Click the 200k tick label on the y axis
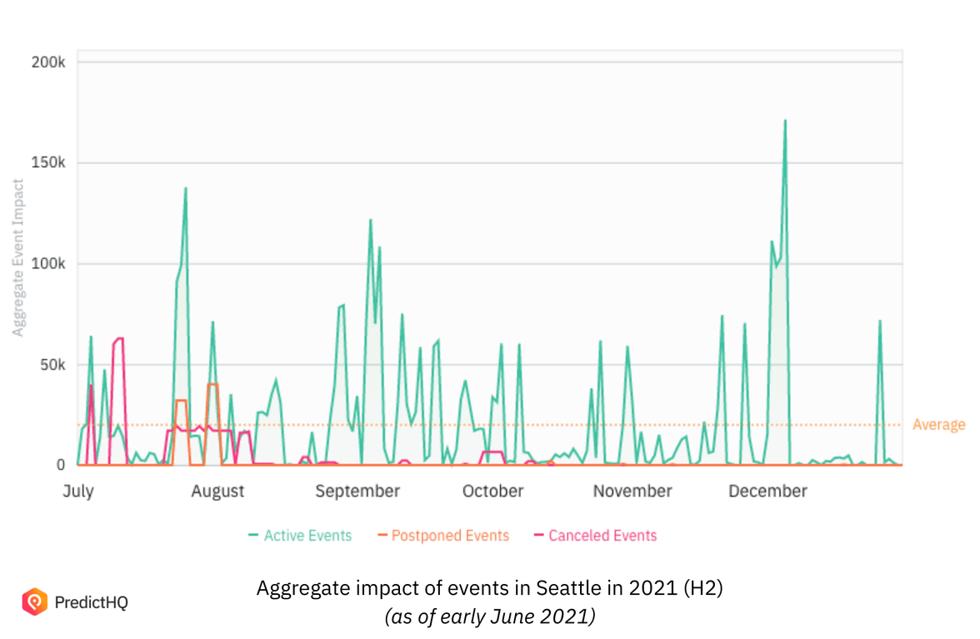tap(49, 62)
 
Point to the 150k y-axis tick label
tap(49, 163)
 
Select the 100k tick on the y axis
tap(49, 264)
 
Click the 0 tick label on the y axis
tap(60, 466)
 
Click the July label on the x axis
tap(78, 492)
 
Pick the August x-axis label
tap(217, 492)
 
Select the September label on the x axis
tap(357, 492)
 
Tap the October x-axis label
tap(492, 492)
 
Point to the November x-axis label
tap(632, 492)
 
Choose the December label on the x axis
tap(767, 492)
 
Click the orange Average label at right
tap(938, 425)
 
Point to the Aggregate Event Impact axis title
tap(18, 257)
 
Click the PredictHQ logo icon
tap(34, 602)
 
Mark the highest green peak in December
tap(785, 121)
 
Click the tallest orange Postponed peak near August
tap(212, 384)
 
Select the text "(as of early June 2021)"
tap(489, 617)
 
